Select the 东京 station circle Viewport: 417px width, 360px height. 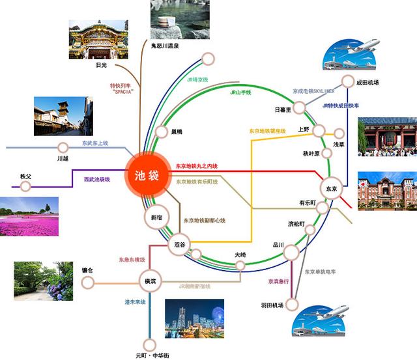[x=331, y=189]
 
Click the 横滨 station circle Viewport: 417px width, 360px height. [x=149, y=281]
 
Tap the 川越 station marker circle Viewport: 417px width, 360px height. [x=63, y=148]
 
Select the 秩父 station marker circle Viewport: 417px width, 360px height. [x=25, y=187]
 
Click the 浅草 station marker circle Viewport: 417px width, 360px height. [x=339, y=133]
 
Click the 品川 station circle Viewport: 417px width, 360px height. [x=291, y=253]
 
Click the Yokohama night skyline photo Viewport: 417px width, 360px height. [x=194, y=319]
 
